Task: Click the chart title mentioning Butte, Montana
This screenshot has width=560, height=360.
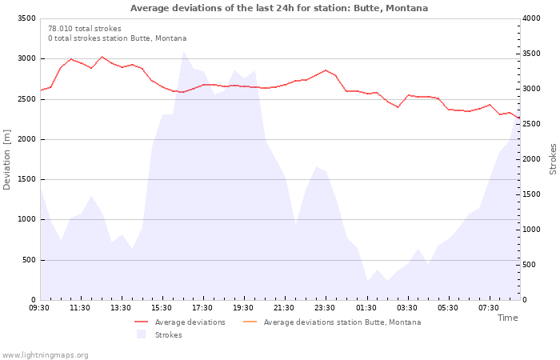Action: click(x=279, y=8)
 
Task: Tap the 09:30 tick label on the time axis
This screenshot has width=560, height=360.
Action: click(x=39, y=308)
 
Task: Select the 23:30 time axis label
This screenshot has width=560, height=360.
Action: click(x=325, y=308)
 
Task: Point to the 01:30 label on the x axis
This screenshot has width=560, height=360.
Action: click(x=366, y=308)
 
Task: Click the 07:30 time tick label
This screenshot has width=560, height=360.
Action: click(x=488, y=308)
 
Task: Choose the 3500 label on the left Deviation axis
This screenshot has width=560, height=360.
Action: click(x=26, y=18)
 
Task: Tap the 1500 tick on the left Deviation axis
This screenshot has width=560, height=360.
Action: click(x=26, y=179)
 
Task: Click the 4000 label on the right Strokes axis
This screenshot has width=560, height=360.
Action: click(x=531, y=18)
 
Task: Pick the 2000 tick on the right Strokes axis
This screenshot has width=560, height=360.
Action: click(x=531, y=159)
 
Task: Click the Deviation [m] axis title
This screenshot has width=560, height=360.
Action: click(x=6, y=160)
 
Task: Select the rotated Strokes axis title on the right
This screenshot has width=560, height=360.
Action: click(x=553, y=159)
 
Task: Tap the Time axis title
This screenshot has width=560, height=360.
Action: click(x=507, y=318)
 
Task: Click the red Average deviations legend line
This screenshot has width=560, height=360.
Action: click(x=141, y=322)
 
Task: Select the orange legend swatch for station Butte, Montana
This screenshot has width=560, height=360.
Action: click(x=250, y=322)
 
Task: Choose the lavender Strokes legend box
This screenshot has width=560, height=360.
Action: click(x=141, y=334)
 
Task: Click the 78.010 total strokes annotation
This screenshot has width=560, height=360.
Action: click(x=85, y=29)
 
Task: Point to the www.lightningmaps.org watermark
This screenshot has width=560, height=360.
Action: click(x=45, y=355)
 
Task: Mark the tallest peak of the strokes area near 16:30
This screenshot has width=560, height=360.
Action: click(x=183, y=51)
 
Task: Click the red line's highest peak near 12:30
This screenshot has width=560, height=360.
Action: click(x=102, y=57)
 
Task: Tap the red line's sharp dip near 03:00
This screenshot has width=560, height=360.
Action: click(x=398, y=107)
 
